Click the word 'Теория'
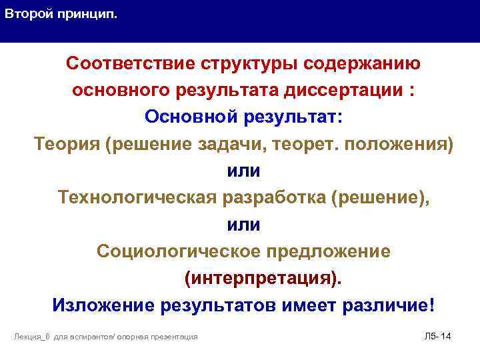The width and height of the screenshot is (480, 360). (x=66, y=144)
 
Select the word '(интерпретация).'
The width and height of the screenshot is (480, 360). (x=261, y=278)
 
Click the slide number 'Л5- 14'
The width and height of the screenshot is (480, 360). (x=437, y=336)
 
